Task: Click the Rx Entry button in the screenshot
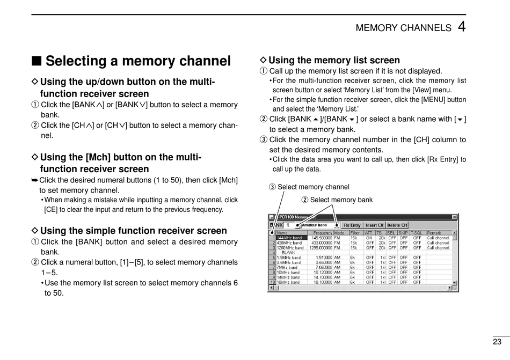(x=352, y=225)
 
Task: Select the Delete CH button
(x=397, y=225)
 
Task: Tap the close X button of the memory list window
(x=454, y=217)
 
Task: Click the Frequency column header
(x=323, y=233)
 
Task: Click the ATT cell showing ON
(x=369, y=238)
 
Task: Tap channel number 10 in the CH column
(x=272, y=282)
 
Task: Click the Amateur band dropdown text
(x=315, y=225)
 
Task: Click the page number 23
(x=497, y=341)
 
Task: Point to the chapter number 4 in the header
(x=462, y=27)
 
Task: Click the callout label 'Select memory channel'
(x=314, y=187)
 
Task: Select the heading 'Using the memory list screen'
(x=334, y=60)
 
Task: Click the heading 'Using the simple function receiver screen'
(x=133, y=231)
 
